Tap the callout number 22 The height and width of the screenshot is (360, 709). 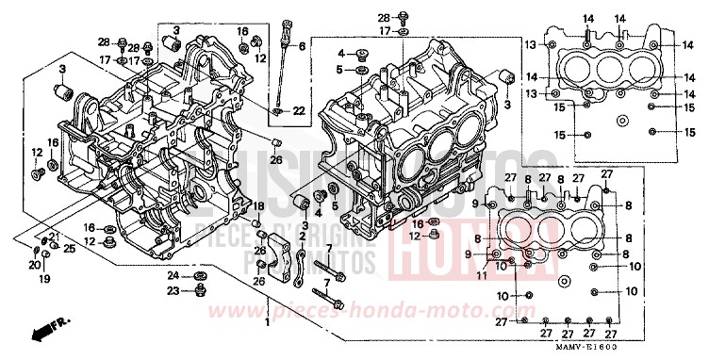[x=298, y=111]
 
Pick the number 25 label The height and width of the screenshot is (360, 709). [x=69, y=248]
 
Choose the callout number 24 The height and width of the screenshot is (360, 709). [x=173, y=275]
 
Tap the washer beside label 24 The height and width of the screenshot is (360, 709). [x=200, y=276]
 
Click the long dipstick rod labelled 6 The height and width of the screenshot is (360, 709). [x=282, y=75]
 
